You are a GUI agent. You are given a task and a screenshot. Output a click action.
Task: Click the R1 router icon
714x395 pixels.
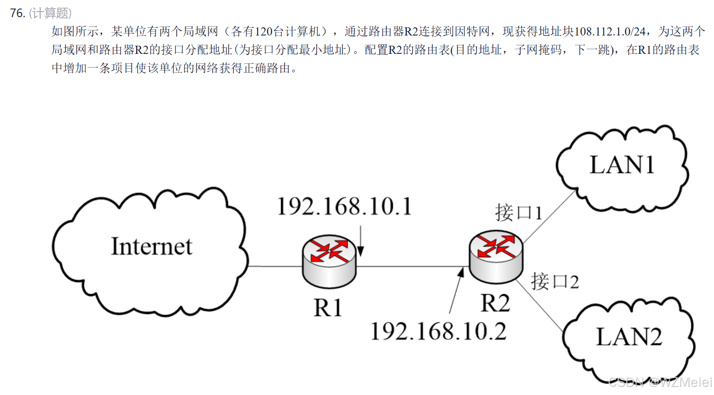329,261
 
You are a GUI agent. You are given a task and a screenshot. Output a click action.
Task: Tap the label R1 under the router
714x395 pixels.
328,308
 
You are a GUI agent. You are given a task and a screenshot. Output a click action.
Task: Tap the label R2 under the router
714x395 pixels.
495,304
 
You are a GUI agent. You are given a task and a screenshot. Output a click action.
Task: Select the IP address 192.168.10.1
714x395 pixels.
344,206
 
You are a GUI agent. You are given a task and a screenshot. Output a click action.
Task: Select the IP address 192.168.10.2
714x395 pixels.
438,332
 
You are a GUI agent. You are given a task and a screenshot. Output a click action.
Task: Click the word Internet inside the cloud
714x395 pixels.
151,247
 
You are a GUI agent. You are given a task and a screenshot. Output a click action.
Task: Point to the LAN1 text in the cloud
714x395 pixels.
622,165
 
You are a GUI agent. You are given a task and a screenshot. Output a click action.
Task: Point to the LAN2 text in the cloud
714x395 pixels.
629,337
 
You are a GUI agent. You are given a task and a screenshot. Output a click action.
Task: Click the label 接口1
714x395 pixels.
518,213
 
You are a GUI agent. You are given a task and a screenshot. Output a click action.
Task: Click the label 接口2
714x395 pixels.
555,282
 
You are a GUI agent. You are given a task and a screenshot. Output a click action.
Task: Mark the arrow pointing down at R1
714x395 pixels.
361,242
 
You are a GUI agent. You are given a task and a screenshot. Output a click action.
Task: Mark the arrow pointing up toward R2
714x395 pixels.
456,291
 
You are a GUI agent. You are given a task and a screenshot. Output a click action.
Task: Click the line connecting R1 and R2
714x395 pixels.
411,266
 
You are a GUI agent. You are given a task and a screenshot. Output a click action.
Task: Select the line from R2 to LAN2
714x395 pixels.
540,306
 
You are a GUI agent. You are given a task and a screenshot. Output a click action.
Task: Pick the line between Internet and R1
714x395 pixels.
275,266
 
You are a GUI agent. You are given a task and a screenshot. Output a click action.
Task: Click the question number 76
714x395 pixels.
18,13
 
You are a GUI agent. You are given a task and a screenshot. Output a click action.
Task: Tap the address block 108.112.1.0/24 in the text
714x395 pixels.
610,32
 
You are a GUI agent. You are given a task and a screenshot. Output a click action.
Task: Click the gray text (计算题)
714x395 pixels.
50,13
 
